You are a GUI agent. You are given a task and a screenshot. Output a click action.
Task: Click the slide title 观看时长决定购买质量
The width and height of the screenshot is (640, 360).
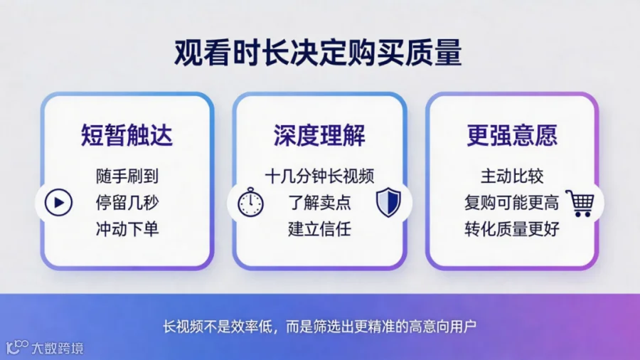(x=318, y=53)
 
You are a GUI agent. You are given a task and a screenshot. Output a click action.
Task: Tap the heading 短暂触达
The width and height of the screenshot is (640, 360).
(x=127, y=135)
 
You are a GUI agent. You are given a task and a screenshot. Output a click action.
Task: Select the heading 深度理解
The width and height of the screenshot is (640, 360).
(x=319, y=135)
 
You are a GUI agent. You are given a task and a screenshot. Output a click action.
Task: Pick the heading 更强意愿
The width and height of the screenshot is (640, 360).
(x=512, y=135)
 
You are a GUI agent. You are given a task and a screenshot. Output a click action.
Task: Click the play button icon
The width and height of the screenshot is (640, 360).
(x=58, y=203)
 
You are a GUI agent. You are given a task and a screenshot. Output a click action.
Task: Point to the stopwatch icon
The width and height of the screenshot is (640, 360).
(x=250, y=202)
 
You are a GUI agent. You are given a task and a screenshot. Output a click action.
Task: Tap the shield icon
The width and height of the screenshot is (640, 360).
(x=388, y=202)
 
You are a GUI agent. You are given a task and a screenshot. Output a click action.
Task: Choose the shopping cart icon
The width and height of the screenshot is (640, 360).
(x=580, y=203)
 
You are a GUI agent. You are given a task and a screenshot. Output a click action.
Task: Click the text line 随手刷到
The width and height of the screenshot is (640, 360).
(x=127, y=176)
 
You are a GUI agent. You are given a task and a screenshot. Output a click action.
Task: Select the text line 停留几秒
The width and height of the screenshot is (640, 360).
(x=127, y=203)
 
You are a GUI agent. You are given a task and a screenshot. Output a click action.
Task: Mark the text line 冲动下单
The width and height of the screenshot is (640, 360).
(x=127, y=229)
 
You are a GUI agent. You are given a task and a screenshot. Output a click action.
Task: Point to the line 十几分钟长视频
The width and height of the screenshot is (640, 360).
(x=319, y=176)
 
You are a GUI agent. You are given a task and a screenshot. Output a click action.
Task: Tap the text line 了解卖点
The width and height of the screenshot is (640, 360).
(x=319, y=203)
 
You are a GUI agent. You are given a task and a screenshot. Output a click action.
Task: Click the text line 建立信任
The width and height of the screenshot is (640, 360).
(x=319, y=229)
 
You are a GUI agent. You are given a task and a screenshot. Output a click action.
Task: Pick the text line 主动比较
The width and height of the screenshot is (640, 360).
(x=512, y=176)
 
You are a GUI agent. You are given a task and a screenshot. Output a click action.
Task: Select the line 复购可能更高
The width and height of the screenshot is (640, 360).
(x=512, y=203)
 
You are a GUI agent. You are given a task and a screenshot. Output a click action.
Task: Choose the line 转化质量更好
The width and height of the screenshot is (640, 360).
(x=512, y=229)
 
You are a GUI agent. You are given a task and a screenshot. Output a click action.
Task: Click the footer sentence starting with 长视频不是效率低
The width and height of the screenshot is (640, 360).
(x=319, y=327)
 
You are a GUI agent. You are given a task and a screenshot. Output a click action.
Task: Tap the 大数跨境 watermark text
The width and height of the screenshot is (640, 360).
(x=58, y=348)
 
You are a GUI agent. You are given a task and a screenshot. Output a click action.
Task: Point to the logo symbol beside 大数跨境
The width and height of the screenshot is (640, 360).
(x=17, y=347)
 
